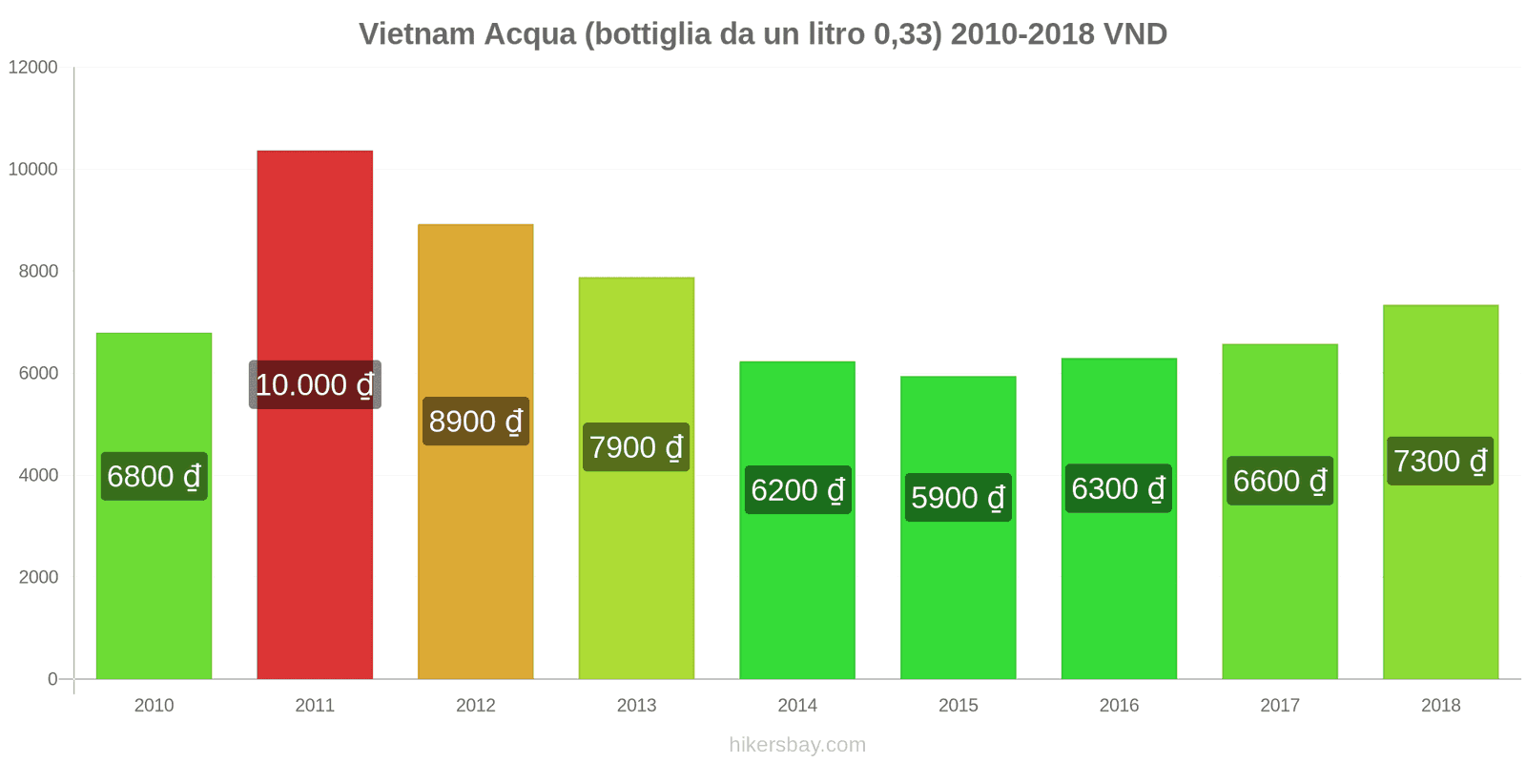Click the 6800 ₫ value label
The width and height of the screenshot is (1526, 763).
(155, 476)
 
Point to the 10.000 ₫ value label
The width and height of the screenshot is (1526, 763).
(315, 384)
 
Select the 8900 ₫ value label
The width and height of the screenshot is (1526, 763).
(476, 421)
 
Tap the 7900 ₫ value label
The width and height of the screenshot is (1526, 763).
(636, 446)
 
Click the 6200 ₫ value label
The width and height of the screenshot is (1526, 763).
(797, 490)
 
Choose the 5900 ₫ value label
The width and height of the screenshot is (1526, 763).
(958, 497)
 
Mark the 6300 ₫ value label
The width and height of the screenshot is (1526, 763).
(1119, 488)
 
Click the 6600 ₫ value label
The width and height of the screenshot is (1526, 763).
(1280, 481)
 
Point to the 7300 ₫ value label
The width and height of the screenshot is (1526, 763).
(1440, 461)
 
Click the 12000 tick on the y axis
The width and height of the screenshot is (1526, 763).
(33, 67)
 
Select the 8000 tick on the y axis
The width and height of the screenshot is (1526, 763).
(38, 271)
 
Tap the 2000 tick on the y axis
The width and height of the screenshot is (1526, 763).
(38, 577)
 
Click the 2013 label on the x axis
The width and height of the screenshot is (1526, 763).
(636, 705)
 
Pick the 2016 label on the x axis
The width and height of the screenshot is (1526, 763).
(1119, 705)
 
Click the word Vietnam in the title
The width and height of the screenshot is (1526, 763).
(417, 34)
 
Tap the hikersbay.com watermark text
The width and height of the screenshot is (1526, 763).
(797, 744)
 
